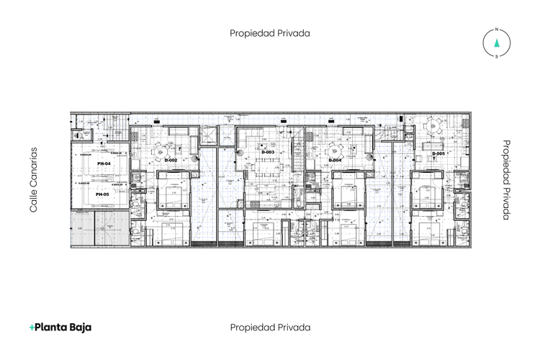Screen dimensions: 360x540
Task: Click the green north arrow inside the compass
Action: tap(496, 43)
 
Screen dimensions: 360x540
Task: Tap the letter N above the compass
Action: tap(496, 30)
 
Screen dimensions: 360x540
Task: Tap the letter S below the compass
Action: tap(496, 56)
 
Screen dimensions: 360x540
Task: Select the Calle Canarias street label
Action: tap(32, 180)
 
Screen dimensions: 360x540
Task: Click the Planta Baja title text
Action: tap(63, 327)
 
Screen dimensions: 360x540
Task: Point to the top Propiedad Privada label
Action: tap(270, 33)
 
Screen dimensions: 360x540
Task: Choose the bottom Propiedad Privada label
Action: tap(270, 327)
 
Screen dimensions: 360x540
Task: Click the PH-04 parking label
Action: tap(103, 164)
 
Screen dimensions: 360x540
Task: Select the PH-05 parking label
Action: tap(102, 194)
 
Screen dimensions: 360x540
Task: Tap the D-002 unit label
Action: tap(171, 160)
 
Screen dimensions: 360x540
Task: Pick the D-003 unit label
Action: tap(267, 153)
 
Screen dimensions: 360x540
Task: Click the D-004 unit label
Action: tap(335, 160)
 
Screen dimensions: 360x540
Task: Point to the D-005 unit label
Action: tap(438, 153)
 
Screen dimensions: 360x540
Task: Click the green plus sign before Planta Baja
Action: tap(32, 328)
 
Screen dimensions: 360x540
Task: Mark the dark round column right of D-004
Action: tap(370, 156)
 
